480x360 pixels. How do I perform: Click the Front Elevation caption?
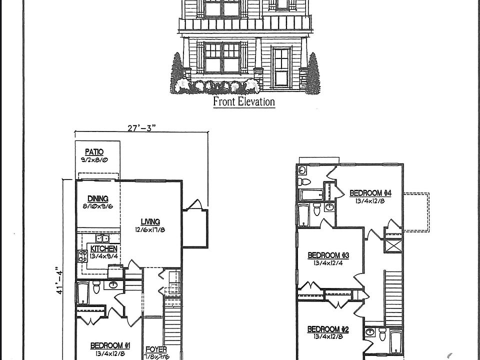click(244, 101)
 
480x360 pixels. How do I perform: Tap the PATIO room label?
click(94, 151)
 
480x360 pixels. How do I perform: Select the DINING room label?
click(97, 198)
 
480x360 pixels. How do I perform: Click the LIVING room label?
click(150, 221)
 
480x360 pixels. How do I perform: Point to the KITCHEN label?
click(104, 248)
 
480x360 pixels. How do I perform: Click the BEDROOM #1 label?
click(110, 345)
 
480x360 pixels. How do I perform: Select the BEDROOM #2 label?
click(327, 329)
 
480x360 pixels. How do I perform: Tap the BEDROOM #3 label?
click(327, 255)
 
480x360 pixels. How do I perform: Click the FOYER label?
click(156, 349)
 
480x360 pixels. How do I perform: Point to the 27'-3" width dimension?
click(142, 127)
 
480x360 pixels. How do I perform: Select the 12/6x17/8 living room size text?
click(150, 230)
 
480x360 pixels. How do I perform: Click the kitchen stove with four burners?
click(82, 256)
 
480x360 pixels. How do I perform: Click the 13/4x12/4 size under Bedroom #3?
click(327, 263)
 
